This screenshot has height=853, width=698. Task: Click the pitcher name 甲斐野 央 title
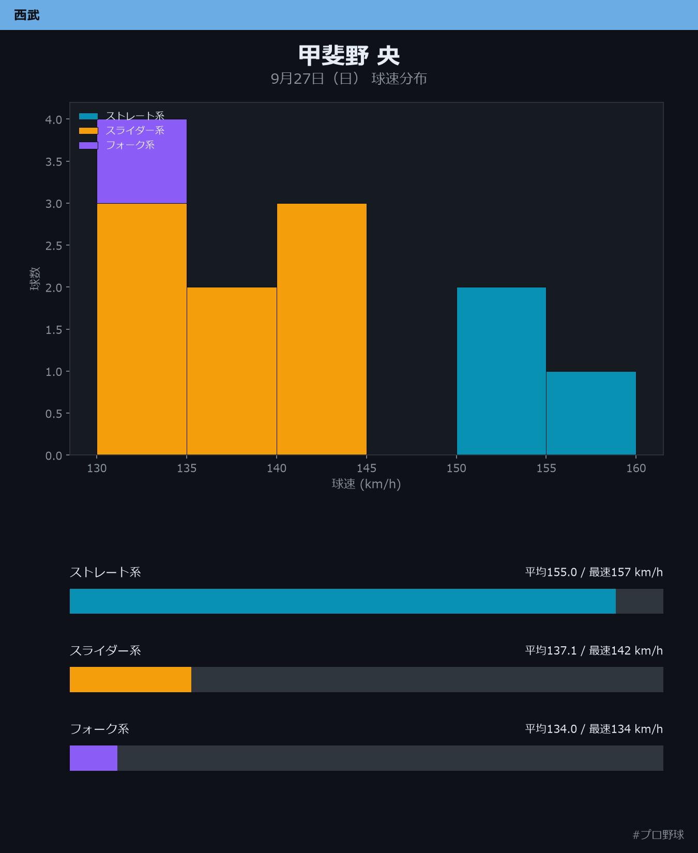click(x=349, y=55)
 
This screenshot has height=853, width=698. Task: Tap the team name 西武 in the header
click(x=27, y=15)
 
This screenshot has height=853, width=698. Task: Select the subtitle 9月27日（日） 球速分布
click(x=349, y=79)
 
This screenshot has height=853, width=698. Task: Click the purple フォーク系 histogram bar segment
click(x=142, y=161)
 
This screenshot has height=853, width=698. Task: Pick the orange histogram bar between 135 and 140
click(x=232, y=371)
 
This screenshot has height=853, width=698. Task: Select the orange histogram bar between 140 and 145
click(x=322, y=329)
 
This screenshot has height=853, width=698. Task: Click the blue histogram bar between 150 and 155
click(x=502, y=371)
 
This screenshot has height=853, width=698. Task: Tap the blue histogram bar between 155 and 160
click(x=591, y=413)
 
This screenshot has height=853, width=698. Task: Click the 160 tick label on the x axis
click(x=636, y=468)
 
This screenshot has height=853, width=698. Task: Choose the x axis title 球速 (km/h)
click(x=367, y=484)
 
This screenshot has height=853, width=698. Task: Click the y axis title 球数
click(x=35, y=279)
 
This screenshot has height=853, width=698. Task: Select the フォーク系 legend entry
click(x=117, y=145)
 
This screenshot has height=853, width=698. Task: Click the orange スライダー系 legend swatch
click(x=88, y=131)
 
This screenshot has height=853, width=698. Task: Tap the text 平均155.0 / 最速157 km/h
click(x=594, y=572)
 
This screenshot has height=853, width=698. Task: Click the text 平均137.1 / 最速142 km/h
click(x=594, y=650)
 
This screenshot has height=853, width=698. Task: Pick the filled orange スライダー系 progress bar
click(x=130, y=679)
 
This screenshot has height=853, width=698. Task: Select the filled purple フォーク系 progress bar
click(x=94, y=758)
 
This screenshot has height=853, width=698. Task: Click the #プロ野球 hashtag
click(x=658, y=834)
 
